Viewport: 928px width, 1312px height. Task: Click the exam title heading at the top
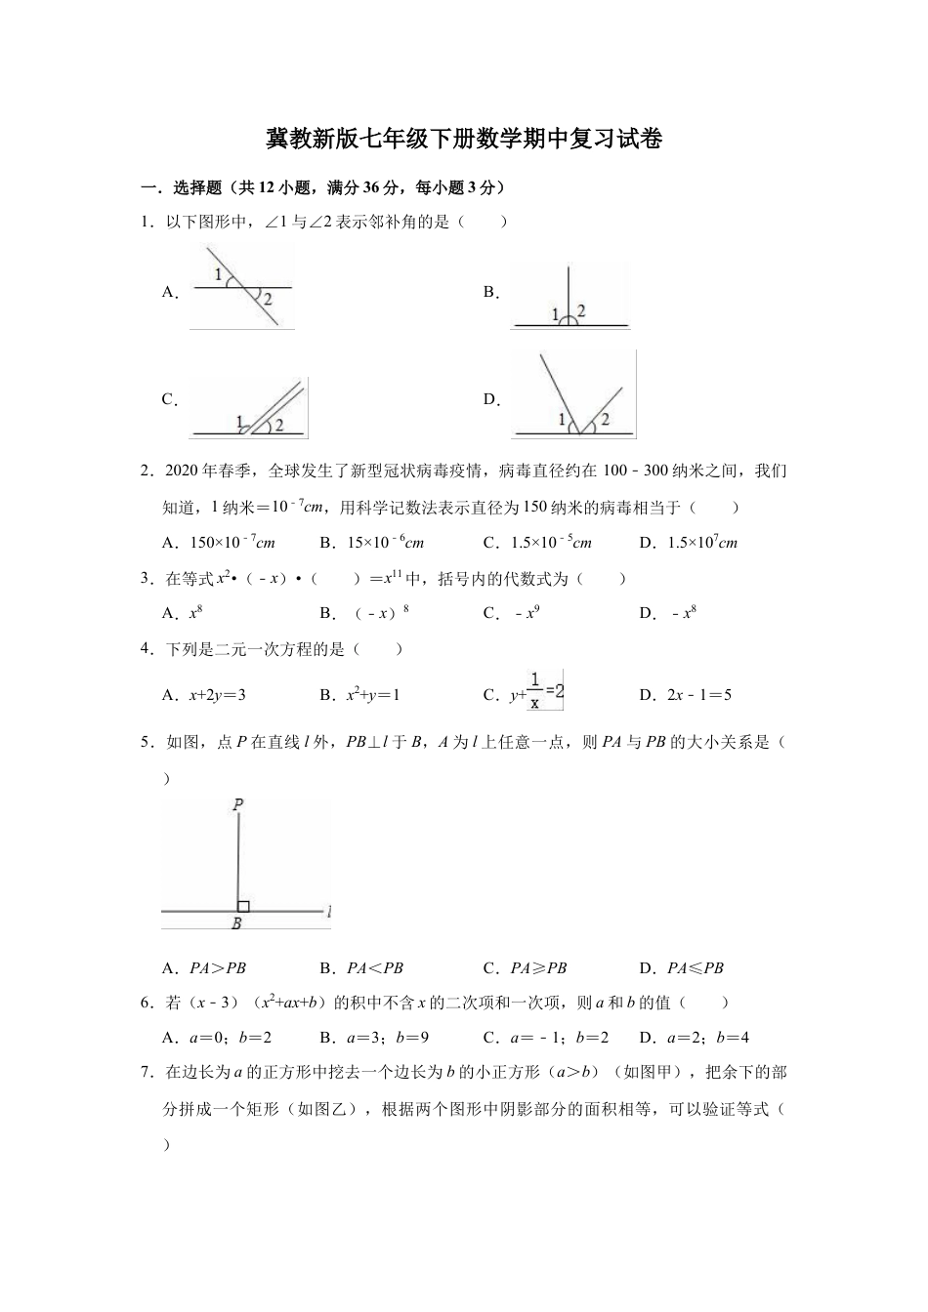tap(464, 140)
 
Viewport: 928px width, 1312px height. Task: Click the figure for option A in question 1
tap(241, 287)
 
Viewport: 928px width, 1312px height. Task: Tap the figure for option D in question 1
tap(572, 395)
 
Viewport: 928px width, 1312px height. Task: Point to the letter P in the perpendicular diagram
tap(237, 804)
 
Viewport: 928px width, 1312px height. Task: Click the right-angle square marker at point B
tap(243, 906)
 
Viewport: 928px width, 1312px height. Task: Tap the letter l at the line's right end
tap(329, 912)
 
